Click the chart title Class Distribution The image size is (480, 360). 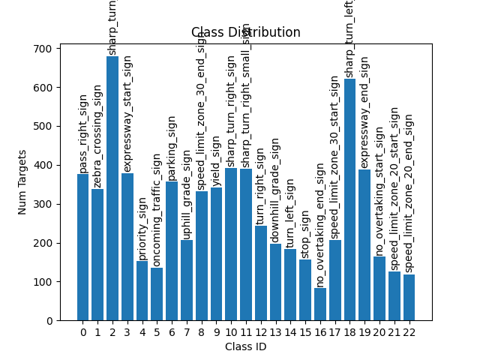click(245, 32)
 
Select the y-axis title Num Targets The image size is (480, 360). click(22, 182)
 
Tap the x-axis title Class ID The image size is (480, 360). click(245, 346)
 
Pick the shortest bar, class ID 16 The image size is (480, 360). click(320, 304)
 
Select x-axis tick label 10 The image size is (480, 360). click(231, 332)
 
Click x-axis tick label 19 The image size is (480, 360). click(364, 332)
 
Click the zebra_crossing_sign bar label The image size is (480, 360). click(97, 135)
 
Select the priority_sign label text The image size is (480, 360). click(142, 229)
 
